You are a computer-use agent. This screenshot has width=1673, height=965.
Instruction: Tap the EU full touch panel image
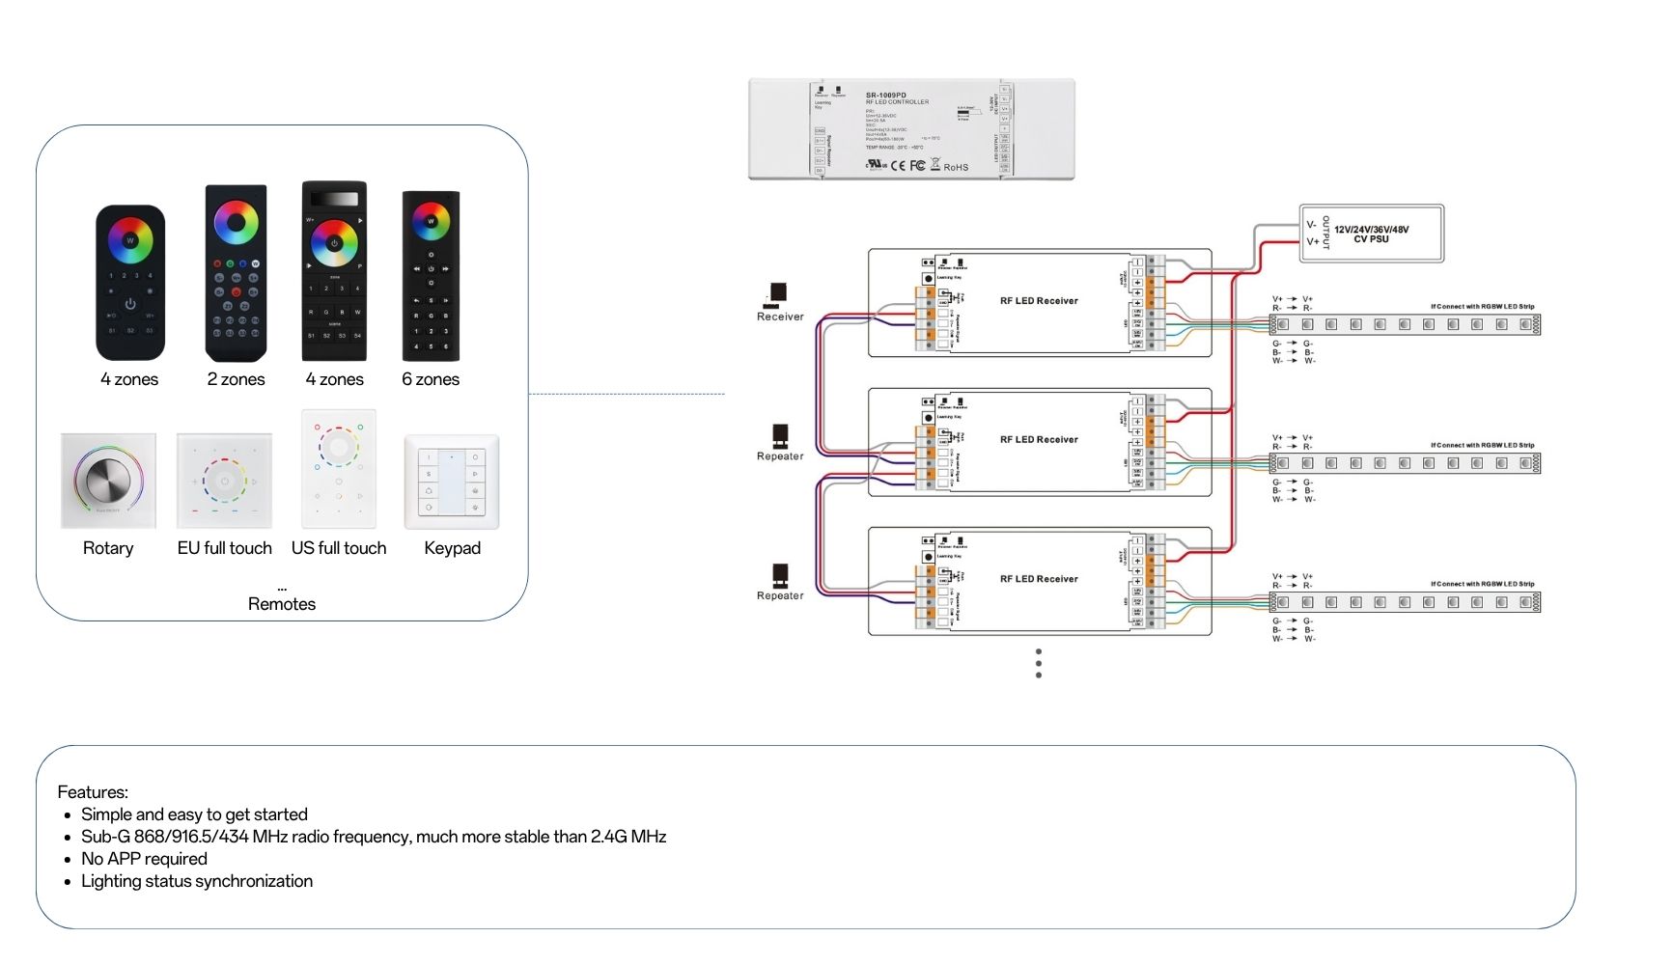[224, 481]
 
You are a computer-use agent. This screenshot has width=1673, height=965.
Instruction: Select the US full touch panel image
[338, 468]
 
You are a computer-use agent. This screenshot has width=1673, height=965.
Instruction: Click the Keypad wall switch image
[452, 481]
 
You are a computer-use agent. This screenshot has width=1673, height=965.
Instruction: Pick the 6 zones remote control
[431, 275]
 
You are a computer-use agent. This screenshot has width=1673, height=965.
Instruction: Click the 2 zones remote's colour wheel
[237, 223]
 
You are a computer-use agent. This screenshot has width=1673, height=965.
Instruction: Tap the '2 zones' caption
[236, 379]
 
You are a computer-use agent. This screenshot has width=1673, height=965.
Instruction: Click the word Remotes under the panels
[282, 604]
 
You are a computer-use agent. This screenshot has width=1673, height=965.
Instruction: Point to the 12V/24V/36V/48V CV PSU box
[1371, 234]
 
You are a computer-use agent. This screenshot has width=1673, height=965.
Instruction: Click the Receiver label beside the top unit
[780, 317]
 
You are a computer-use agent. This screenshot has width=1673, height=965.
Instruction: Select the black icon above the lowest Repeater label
[780, 575]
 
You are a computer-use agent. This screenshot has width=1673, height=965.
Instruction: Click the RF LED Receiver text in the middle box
[1039, 440]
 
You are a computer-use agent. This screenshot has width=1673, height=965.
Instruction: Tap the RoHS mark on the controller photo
[956, 167]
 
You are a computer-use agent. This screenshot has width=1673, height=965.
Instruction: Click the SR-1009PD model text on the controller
[886, 96]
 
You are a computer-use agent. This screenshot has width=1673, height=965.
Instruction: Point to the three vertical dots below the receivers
[1039, 663]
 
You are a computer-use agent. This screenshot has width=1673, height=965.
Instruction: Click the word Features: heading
[93, 792]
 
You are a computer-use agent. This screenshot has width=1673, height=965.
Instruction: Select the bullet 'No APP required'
[144, 859]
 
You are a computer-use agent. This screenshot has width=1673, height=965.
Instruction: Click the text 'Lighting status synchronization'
[197, 881]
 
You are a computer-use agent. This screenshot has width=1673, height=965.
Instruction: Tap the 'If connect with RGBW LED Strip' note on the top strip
[1482, 307]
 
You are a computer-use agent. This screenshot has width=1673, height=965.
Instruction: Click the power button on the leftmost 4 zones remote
[130, 304]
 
